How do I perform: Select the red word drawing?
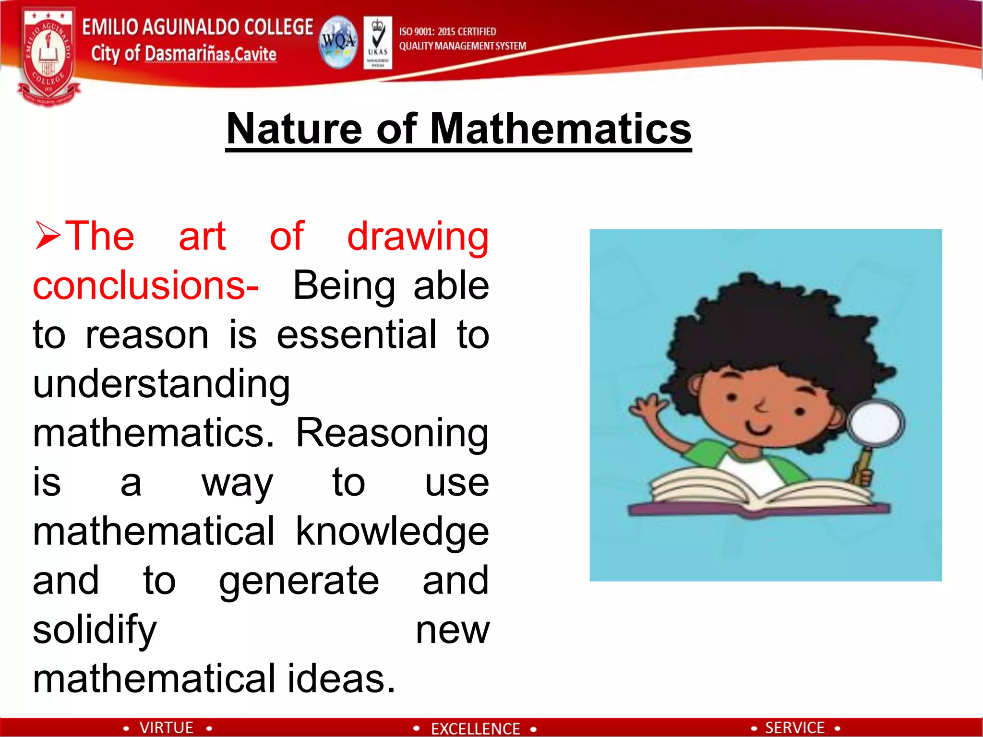418,237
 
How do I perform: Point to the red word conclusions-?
145,285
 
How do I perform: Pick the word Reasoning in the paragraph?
392,433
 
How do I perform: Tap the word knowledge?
392,532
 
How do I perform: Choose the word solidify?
95,630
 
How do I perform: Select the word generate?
299,581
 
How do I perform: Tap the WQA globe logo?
338,42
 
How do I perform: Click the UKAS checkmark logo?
378,42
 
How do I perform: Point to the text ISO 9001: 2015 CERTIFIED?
447,32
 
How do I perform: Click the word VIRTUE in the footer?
166,728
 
